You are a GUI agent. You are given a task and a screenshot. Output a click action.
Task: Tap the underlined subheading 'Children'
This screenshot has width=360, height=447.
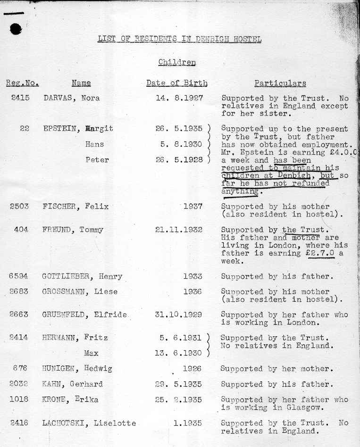(177, 62)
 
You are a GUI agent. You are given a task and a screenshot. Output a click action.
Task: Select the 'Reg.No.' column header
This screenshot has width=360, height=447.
(22, 84)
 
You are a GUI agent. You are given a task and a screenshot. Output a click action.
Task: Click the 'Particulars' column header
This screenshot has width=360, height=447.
(280, 84)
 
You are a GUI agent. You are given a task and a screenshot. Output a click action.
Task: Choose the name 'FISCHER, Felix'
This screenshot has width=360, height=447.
(75, 206)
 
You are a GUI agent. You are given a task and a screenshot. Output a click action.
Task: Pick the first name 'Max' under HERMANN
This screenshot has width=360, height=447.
(91, 352)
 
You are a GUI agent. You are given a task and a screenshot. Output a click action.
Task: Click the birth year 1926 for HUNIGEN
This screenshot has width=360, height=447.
(192, 368)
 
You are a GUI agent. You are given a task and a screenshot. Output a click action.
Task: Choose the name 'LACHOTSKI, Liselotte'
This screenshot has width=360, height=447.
(89, 423)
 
